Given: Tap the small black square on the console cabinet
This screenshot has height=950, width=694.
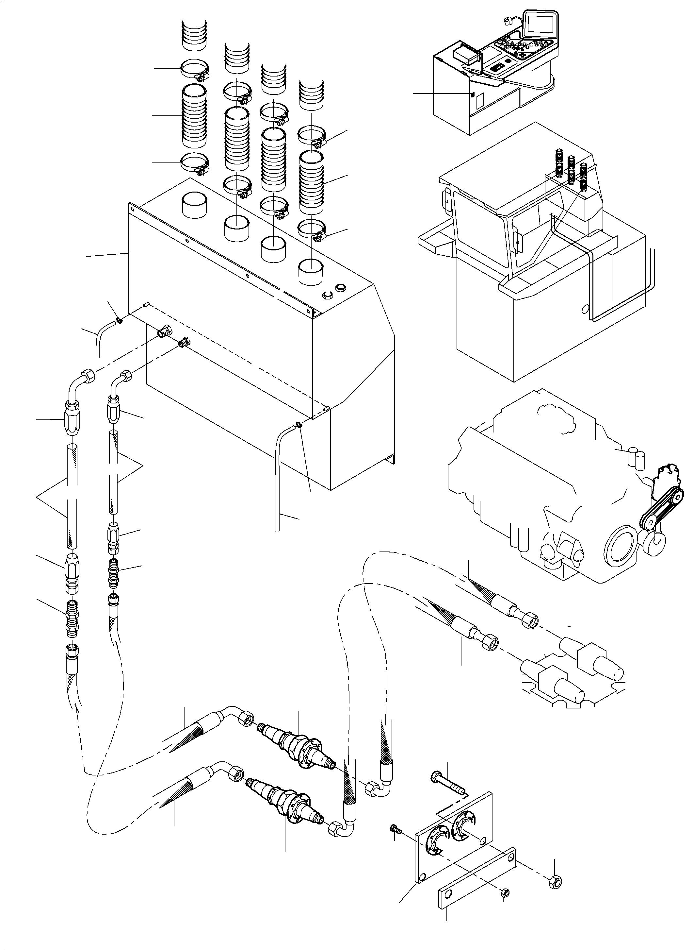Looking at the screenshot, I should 472,94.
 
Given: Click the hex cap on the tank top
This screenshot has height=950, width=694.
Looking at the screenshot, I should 340,288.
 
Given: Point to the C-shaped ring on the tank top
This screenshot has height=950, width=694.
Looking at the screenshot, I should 327,295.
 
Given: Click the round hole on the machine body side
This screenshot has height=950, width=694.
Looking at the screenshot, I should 584,309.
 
